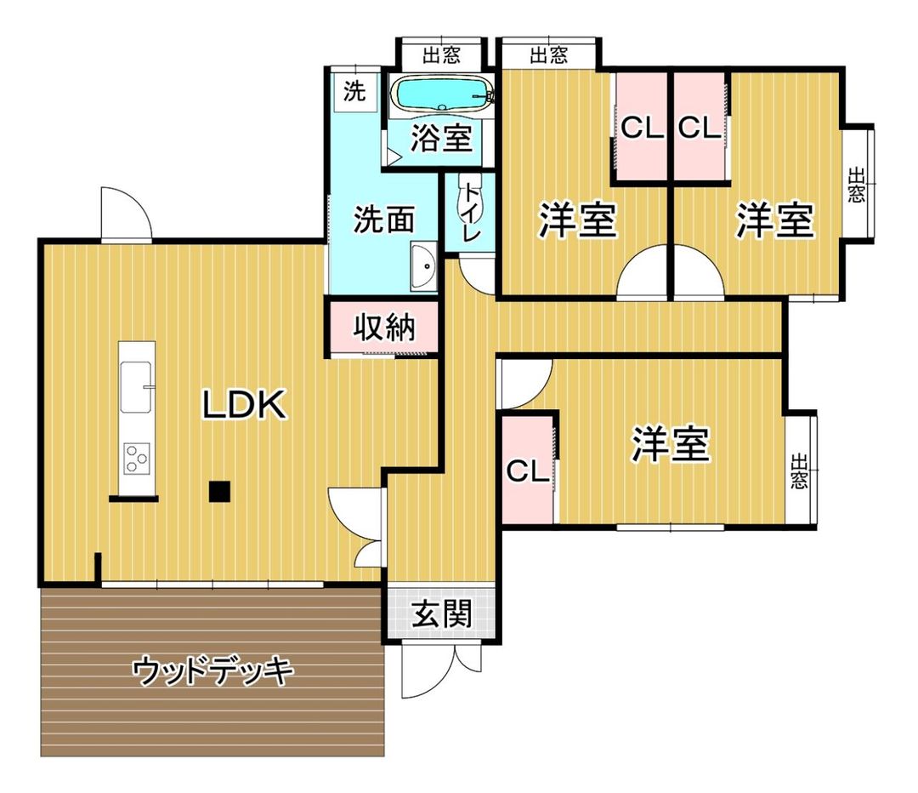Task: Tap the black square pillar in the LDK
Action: pos(220,491)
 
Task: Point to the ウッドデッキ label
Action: pos(212,672)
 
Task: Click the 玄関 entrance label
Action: pos(441,613)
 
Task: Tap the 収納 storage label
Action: pos(384,327)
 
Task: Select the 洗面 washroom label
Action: pos(383,220)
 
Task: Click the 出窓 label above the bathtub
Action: pos(441,56)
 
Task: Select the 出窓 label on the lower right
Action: pos(799,471)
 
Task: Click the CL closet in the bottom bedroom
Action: pos(528,471)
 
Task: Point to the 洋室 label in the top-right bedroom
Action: pos(774,220)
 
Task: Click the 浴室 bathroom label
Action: pos(441,139)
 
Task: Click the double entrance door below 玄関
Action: pos(441,669)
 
